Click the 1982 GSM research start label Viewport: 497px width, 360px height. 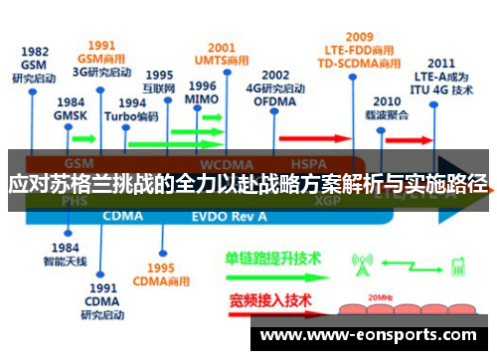pos(35,67)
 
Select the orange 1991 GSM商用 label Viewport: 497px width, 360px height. pos(101,53)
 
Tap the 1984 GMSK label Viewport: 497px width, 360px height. pos(71,109)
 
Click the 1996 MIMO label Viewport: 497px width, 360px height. pos(202,92)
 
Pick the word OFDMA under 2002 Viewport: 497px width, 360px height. pos(274,101)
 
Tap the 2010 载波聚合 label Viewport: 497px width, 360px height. pos(387,108)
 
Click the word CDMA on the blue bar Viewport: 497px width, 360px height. pos(123,214)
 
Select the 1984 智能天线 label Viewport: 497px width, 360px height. pos(65,255)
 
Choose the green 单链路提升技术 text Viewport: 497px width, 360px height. pos(274,258)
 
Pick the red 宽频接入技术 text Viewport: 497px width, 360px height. pos(270,299)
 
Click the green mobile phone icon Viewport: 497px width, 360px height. pos(459,266)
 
